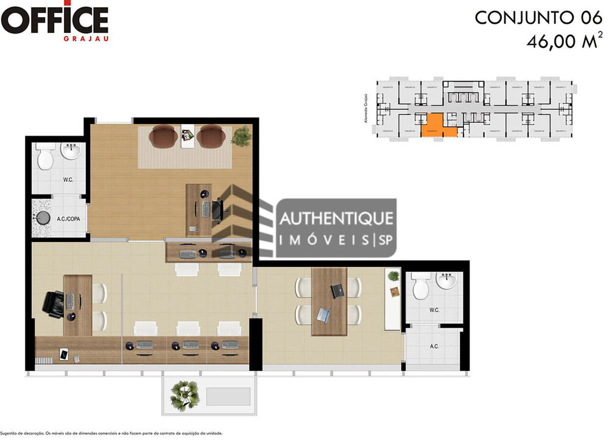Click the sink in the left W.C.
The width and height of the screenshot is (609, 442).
point(72,151)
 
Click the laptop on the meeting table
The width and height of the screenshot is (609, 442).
point(336,291)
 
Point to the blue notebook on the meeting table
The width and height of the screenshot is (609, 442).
point(323,314)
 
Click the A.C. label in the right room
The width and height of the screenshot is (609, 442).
point(435,347)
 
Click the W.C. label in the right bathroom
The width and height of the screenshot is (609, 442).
point(434,310)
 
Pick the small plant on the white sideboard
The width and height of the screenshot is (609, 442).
point(393,275)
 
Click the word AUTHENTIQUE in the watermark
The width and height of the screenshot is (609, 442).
point(336,218)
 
